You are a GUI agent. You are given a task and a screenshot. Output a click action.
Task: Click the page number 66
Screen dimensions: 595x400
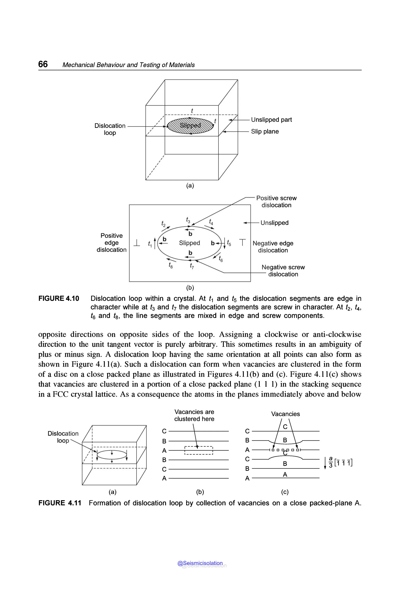(43, 64)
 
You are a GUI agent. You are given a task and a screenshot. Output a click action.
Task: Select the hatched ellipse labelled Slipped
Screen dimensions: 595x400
(190, 126)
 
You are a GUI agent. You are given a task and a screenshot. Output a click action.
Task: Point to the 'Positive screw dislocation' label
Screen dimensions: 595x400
(276, 202)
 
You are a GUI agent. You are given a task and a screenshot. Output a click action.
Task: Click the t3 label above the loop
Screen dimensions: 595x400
(188, 220)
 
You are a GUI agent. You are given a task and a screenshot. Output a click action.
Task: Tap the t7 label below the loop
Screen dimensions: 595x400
(192, 266)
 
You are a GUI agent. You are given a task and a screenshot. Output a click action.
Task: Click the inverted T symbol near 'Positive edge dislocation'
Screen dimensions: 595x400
(137, 243)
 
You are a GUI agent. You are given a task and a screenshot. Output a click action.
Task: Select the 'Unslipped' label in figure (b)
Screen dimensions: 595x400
(274, 223)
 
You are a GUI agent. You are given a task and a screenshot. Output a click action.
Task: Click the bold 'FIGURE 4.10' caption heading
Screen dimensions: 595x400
(59, 298)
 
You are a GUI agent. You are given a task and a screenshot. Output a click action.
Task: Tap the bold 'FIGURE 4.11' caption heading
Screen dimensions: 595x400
(60, 503)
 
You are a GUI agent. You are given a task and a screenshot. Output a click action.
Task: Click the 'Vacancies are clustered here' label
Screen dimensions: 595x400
(194, 415)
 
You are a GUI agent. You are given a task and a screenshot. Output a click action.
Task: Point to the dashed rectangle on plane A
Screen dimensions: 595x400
(198, 450)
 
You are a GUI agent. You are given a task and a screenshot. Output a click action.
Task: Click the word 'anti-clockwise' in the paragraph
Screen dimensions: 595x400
(337, 334)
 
